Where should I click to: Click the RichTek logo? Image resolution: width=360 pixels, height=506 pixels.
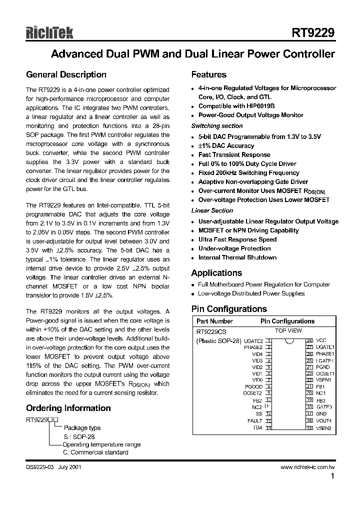pyautogui.click(x=49, y=33)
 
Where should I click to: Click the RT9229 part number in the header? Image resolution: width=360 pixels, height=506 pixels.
pyautogui.click(x=313, y=33)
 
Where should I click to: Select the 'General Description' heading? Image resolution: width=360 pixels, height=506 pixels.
pyautogui.click(x=66, y=74)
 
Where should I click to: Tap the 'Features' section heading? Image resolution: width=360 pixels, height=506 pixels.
pyautogui.click(x=209, y=74)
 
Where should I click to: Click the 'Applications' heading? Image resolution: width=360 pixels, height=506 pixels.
pyautogui.click(x=216, y=273)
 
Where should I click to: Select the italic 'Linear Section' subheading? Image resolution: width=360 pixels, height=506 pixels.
pyautogui.click(x=212, y=210)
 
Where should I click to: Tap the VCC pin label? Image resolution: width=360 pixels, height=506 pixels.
pyautogui.click(x=322, y=340)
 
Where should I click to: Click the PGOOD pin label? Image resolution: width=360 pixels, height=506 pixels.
pyautogui.click(x=253, y=386)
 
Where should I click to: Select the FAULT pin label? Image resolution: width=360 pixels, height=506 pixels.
pyautogui.click(x=254, y=421)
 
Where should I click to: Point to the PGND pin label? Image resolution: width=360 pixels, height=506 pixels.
pyautogui.click(x=323, y=367)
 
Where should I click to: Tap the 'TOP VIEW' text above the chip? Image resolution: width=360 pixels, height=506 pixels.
pyautogui.click(x=288, y=331)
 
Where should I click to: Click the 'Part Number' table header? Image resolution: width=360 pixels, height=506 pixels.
pyautogui.click(x=214, y=321)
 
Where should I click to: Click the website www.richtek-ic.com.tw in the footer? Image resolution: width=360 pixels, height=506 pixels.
pyautogui.click(x=307, y=467)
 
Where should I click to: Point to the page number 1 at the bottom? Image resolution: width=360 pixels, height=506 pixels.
pyautogui.click(x=332, y=477)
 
